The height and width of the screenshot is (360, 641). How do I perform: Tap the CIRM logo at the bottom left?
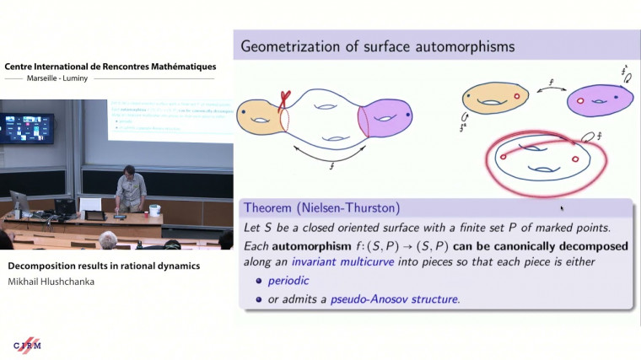27,347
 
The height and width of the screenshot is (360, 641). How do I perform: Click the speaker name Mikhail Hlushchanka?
51,281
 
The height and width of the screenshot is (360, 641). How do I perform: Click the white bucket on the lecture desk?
154,210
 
